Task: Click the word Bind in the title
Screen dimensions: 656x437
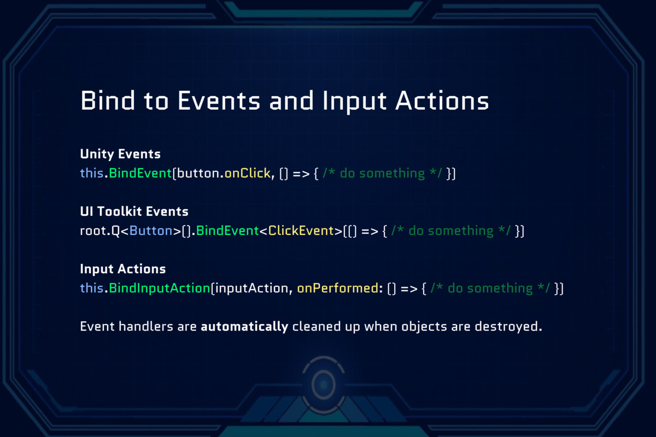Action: [108, 101]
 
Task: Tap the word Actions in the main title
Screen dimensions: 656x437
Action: [442, 101]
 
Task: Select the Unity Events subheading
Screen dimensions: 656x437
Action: [120, 154]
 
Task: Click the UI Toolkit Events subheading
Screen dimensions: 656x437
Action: [134, 211]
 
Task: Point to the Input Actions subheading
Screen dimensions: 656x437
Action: [123, 269]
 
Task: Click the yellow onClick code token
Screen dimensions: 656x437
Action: [248, 173]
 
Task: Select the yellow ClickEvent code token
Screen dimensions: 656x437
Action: [301, 231]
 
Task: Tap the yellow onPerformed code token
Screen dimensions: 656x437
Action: [338, 288]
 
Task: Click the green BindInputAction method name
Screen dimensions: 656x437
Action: [160, 288]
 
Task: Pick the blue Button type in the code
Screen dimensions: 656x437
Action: [151, 231]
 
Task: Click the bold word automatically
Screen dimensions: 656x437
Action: [244, 327]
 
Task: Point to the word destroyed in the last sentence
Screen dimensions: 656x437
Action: [508, 326]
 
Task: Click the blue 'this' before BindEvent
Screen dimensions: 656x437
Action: [92, 173]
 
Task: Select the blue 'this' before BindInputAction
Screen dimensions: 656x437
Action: [92, 288]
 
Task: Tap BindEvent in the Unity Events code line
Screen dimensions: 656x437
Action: [140, 173]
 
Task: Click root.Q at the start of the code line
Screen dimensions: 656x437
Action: [100, 231]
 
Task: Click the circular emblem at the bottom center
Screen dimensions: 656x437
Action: [323, 385]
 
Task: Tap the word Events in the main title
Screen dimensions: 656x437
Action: [219, 101]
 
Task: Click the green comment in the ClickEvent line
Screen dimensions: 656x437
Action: [451, 231]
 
